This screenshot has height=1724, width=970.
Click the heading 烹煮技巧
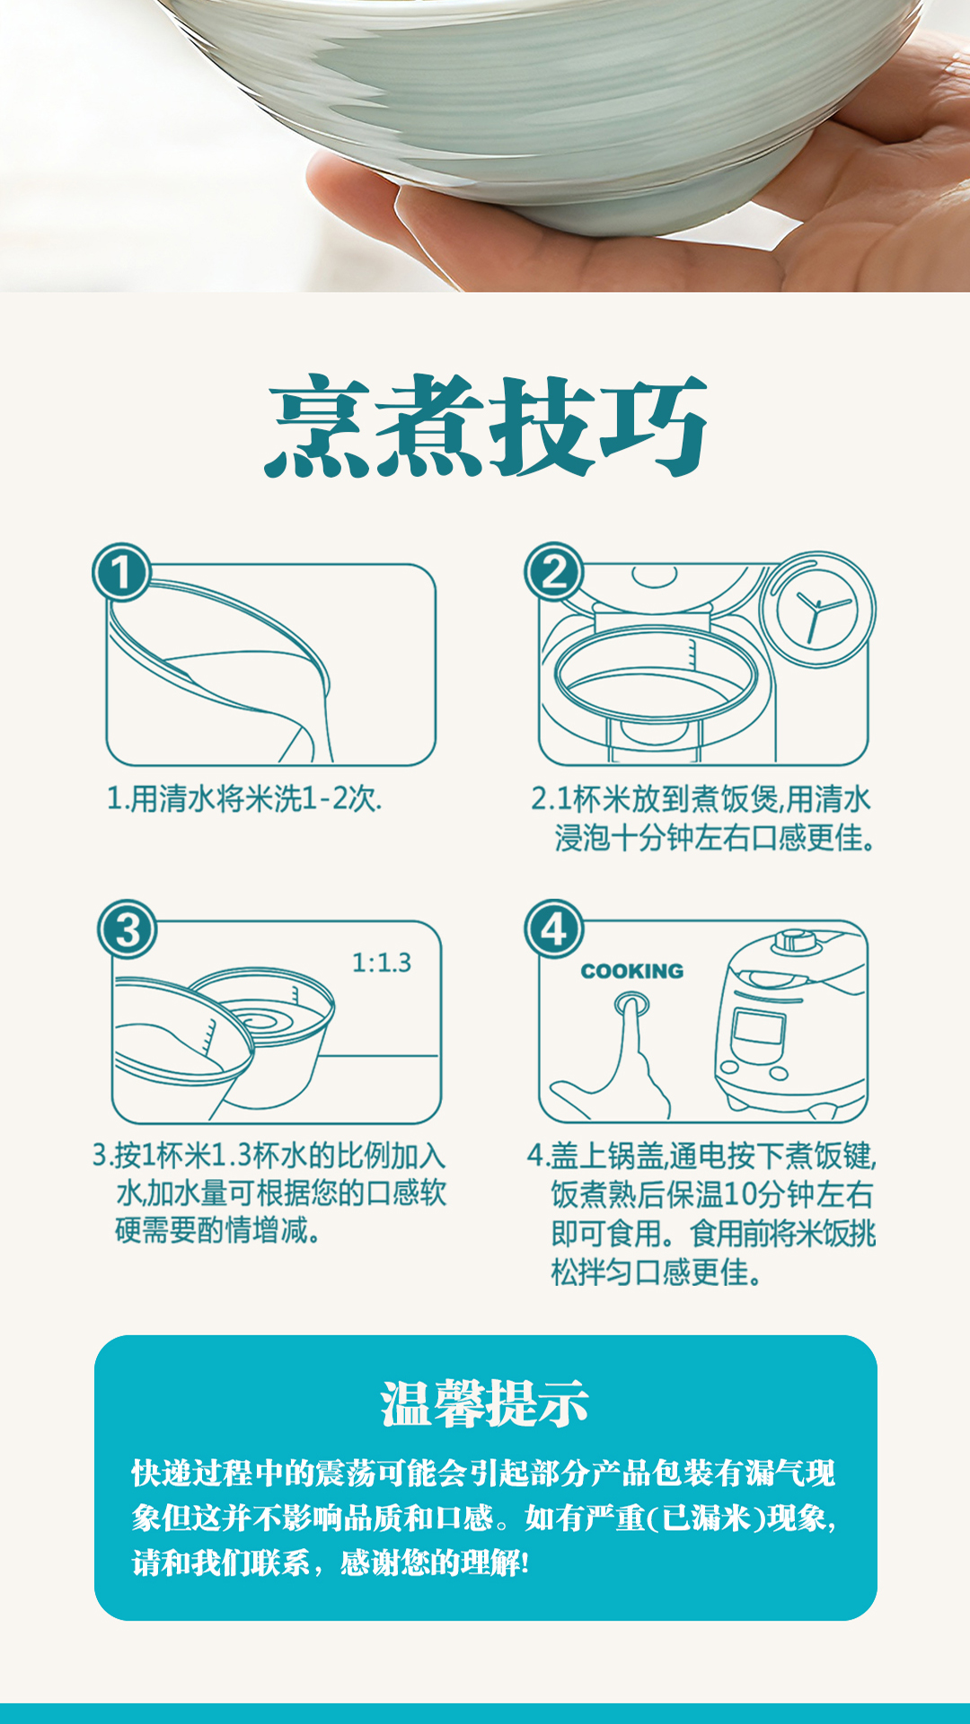(x=486, y=427)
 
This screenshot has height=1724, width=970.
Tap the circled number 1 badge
(x=121, y=573)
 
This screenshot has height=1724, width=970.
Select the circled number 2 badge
(x=554, y=572)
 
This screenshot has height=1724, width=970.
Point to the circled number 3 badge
(x=127, y=929)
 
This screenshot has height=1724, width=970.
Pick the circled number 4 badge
(x=554, y=929)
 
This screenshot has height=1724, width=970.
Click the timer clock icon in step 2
(x=817, y=610)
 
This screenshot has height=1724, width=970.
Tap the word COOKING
(x=632, y=971)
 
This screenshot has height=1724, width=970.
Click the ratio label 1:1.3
(x=382, y=963)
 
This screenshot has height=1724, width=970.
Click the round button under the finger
(x=632, y=1001)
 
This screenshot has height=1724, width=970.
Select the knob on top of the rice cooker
(x=796, y=940)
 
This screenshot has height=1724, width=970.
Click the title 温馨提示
(x=485, y=1403)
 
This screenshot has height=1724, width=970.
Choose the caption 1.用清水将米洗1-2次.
(x=244, y=798)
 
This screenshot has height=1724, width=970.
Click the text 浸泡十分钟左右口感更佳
(x=714, y=838)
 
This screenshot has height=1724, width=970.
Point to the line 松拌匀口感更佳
(x=656, y=1272)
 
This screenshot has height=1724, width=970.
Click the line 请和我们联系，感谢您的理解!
(x=331, y=1563)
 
